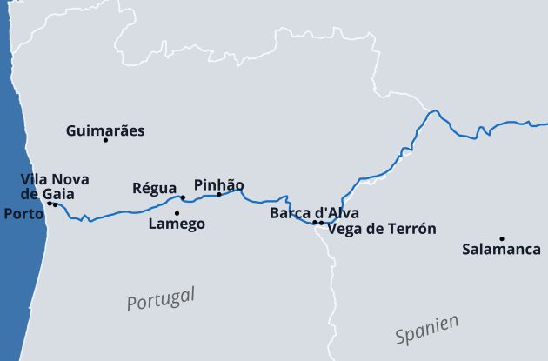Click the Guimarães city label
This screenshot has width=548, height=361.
click(x=105, y=131)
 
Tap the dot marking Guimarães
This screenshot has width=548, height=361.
click(x=105, y=140)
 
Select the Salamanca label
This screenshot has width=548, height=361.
click(x=501, y=250)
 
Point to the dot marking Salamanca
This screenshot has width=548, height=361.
click(x=502, y=238)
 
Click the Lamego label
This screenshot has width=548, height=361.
click(x=177, y=224)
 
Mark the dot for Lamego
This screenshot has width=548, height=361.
click(x=177, y=213)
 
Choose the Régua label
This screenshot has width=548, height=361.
click(x=154, y=188)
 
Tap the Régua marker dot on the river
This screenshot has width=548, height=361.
click(x=183, y=197)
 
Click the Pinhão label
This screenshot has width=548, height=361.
click(x=218, y=185)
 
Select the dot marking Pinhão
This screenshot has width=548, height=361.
click(x=219, y=194)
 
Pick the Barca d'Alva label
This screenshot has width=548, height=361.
click(x=314, y=212)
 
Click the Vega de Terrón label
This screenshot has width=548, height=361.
click(x=381, y=229)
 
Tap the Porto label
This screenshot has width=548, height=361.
click(x=23, y=213)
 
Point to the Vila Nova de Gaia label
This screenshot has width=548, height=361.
click(x=55, y=186)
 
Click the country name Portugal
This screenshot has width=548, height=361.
click(x=161, y=297)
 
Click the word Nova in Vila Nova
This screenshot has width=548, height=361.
click(x=71, y=179)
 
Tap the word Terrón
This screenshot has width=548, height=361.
click(x=411, y=229)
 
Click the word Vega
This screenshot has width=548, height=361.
click(x=343, y=229)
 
